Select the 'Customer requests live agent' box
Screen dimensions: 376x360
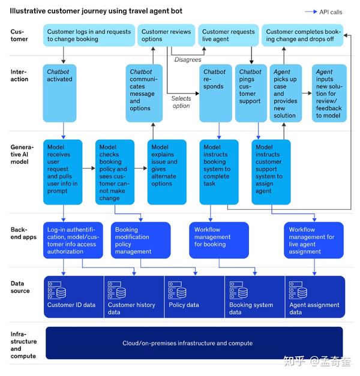[x=228, y=35]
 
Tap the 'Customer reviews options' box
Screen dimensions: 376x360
[x=166, y=35]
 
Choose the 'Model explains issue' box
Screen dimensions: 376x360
[x=163, y=171]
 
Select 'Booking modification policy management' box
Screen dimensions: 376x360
[x=140, y=240]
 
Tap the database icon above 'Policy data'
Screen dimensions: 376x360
[x=176, y=290]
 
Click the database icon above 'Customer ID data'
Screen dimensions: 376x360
[x=56, y=290]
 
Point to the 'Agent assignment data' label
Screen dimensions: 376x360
[x=314, y=308]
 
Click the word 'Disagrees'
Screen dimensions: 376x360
[x=188, y=59]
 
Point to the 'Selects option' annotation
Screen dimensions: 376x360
[x=181, y=102]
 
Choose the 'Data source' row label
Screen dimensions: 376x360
[x=20, y=287]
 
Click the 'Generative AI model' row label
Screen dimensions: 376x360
[x=22, y=154]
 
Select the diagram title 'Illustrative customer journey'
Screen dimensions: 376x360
[x=96, y=11]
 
